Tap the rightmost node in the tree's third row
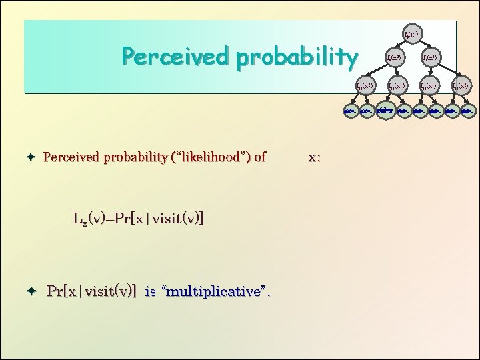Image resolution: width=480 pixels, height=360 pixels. pyautogui.click(x=461, y=86)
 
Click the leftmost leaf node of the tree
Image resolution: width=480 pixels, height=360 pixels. pyautogui.click(x=349, y=110)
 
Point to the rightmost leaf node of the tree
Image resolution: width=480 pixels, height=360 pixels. pyautogui.click(x=469, y=110)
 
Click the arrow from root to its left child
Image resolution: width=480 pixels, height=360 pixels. pyautogui.click(x=402, y=45)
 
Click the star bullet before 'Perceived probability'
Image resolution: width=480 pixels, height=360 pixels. pyautogui.click(x=31, y=158)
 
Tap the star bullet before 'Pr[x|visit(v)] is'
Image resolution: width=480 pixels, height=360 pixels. pyautogui.click(x=31, y=291)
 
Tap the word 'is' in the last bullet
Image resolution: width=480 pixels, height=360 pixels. pyautogui.click(x=151, y=291)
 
